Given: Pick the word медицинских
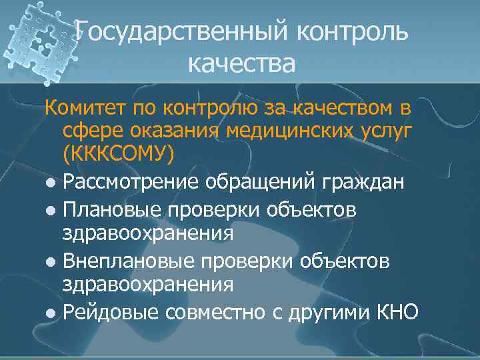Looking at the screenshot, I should tap(293, 131).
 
